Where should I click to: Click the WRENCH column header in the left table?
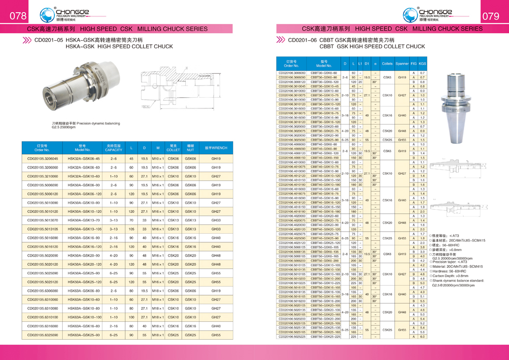click(216, 148)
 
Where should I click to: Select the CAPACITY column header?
click(114, 148)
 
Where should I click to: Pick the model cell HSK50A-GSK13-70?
click(83, 220)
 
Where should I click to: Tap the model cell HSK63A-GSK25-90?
click(83, 335)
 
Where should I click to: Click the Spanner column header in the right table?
click(402, 64)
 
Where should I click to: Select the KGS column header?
click(422, 64)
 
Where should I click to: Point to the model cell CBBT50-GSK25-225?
click(324, 337)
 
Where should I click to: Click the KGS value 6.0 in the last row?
click(422, 337)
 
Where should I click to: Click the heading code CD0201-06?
click(302, 40)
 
